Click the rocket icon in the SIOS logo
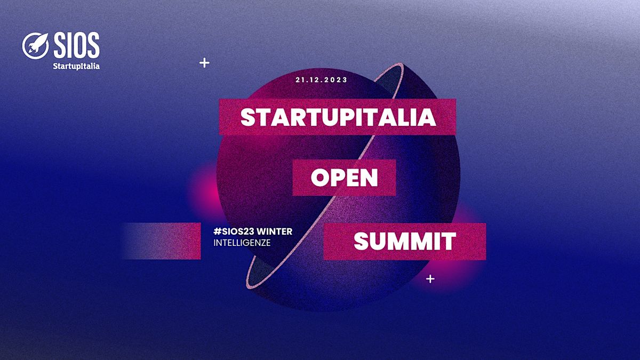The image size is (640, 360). click(x=36, y=46)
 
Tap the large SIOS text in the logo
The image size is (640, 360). click(x=77, y=45)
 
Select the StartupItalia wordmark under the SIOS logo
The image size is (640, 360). click(x=76, y=66)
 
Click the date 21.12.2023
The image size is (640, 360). click(x=322, y=79)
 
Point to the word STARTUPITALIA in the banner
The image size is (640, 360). click(x=338, y=117)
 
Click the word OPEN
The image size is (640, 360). click(x=345, y=178)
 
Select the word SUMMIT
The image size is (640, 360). click(x=405, y=242)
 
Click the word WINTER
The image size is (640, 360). click(x=277, y=231)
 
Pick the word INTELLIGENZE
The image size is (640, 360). click(x=242, y=243)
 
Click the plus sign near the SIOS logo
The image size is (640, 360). click(x=204, y=63)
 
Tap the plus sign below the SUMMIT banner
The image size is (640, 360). click(x=430, y=279)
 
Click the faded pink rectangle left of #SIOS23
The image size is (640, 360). click(x=162, y=241)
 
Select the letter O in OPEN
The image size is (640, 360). click(x=319, y=178)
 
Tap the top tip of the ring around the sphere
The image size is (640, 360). click(x=401, y=65)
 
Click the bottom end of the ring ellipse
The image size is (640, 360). click(x=249, y=286)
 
